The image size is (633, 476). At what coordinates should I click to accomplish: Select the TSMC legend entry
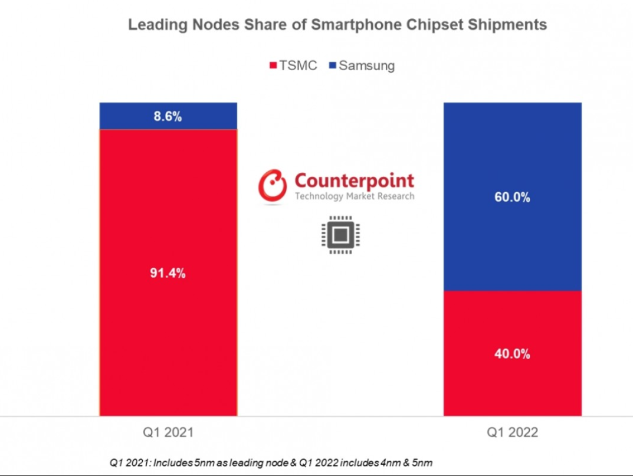tap(293, 65)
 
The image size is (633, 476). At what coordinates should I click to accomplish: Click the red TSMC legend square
tap(273, 66)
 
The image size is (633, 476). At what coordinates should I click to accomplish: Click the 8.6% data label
tap(168, 116)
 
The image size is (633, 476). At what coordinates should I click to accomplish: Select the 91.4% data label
tap(168, 274)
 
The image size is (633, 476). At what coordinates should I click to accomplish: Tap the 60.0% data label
tap(512, 198)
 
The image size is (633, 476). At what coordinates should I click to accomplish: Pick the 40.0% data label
tap(512, 354)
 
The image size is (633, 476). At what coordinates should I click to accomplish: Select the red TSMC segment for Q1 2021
tap(168, 342)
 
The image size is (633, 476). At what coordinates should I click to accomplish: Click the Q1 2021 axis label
tap(168, 432)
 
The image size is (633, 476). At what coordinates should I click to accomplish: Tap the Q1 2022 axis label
tap(512, 432)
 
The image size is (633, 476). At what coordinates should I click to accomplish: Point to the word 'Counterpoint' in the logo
tap(354, 180)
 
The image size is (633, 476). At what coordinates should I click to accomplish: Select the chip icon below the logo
tap(338, 236)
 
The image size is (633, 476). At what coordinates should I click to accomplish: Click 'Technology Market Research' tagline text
tap(354, 196)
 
